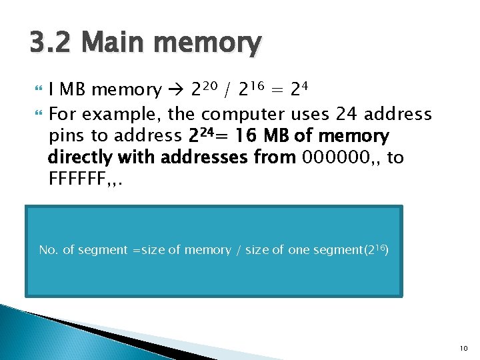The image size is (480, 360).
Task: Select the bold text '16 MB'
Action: click(257, 136)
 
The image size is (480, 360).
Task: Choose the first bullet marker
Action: click(35, 90)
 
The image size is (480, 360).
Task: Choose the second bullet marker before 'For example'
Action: click(35, 113)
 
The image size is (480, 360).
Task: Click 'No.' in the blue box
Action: click(49, 250)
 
